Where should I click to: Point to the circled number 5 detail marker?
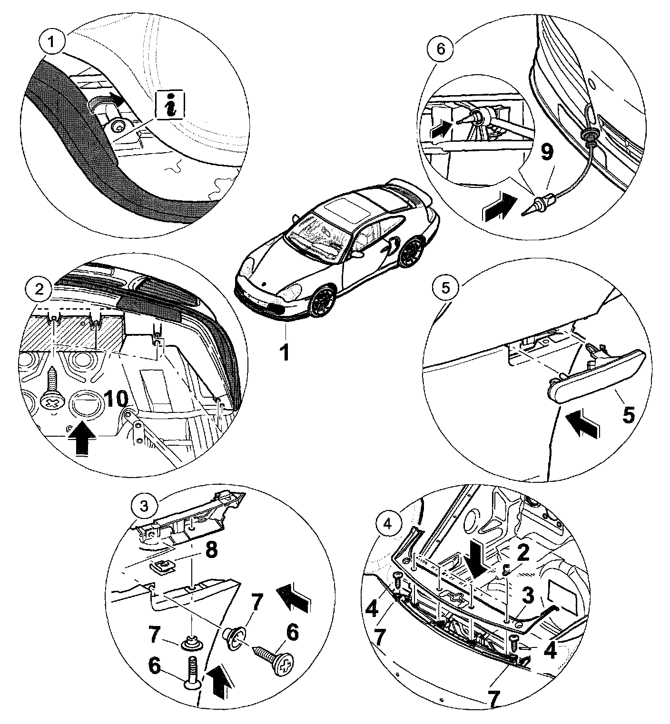[442, 287]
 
